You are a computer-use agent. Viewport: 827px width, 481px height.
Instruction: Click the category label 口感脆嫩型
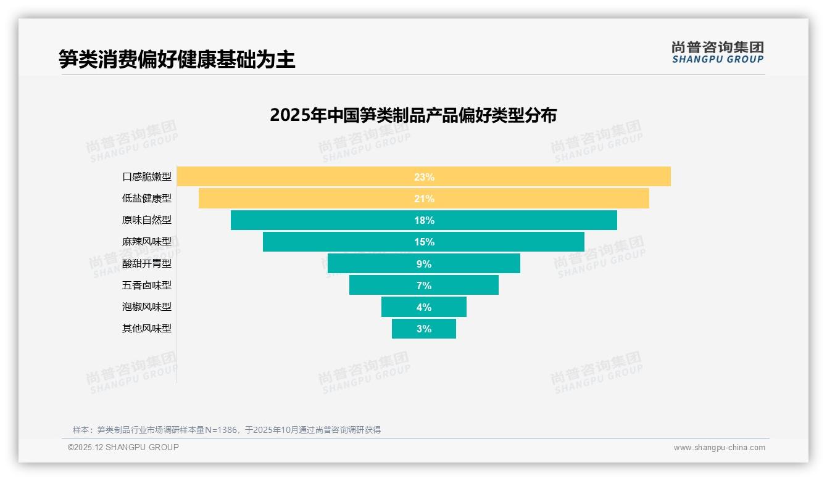147,177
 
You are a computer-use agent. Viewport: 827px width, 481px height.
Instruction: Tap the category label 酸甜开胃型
147,263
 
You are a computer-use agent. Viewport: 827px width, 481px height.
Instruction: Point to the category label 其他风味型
147,329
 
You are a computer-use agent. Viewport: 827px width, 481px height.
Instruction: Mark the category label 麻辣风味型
147,242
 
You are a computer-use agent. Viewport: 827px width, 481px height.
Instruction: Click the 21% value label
424,199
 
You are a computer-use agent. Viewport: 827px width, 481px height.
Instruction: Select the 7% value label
424,286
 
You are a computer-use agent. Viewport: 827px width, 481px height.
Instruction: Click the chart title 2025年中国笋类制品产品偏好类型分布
413,115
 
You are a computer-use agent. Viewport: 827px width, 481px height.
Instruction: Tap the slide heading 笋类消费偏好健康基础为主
177,59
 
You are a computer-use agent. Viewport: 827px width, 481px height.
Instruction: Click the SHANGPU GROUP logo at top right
717,52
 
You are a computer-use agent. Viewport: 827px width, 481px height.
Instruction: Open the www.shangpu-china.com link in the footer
719,448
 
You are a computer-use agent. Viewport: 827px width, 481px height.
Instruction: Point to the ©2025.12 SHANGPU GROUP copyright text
123,447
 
